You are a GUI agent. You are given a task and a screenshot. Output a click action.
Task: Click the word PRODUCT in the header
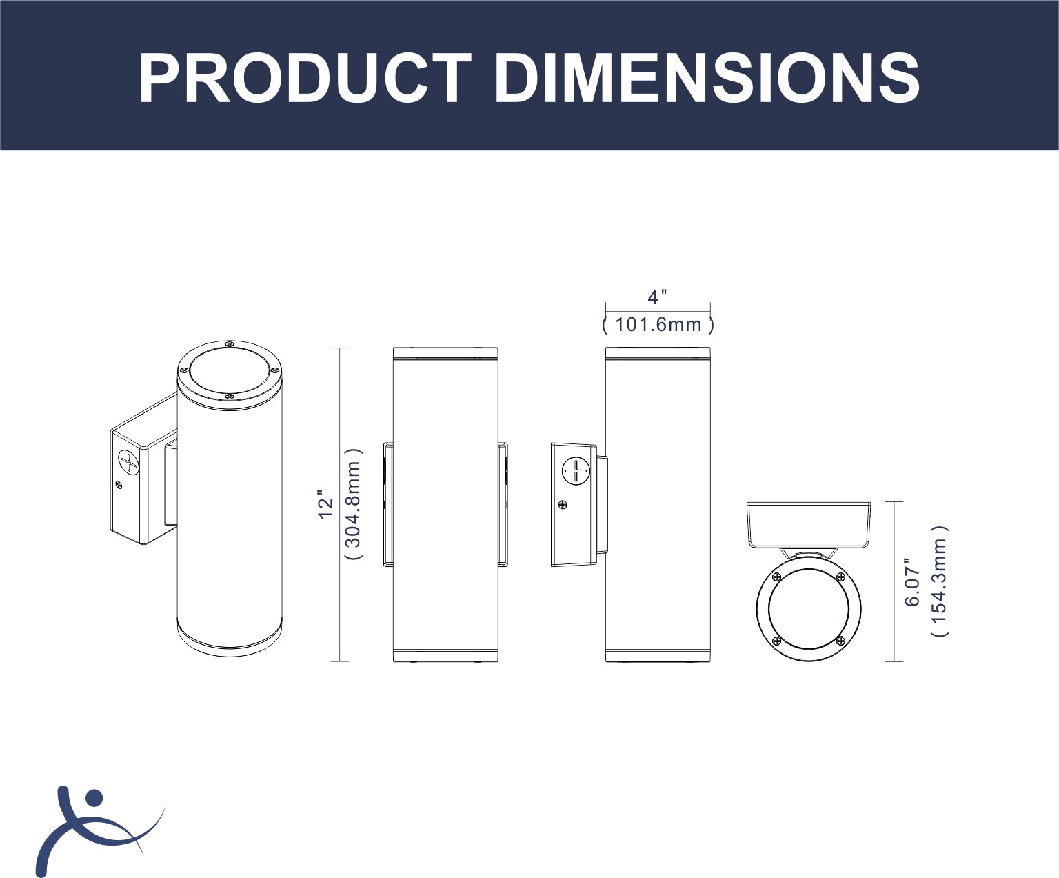(305, 79)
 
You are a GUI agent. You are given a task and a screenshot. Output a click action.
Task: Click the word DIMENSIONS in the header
(707, 79)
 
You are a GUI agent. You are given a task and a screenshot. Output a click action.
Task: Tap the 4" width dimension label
(657, 297)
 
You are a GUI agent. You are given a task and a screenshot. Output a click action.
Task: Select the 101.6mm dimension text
(658, 325)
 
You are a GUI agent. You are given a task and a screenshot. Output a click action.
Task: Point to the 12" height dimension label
(326, 504)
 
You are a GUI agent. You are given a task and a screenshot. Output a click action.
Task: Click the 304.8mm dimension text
(353, 504)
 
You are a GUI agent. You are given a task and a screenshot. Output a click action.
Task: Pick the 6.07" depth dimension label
(912, 582)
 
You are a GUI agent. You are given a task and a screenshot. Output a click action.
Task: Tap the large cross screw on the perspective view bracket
(129, 462)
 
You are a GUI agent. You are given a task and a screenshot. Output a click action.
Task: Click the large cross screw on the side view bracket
(576, 470)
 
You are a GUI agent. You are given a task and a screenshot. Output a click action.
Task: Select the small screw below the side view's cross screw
(563, 504)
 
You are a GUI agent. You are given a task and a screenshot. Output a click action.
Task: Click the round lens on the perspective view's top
(230, 371)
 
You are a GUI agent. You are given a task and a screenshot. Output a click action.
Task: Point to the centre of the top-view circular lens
(809, 609)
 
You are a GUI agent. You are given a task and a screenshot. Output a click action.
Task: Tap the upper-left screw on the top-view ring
(776, 577)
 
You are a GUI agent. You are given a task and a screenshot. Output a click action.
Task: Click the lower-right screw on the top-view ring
(840, 641)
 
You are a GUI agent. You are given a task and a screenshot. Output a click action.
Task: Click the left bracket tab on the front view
(388, 504)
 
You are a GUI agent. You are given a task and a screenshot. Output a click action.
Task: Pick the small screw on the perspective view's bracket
(119, 485)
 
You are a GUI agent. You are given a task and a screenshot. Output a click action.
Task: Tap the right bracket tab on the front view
(503, 504)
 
